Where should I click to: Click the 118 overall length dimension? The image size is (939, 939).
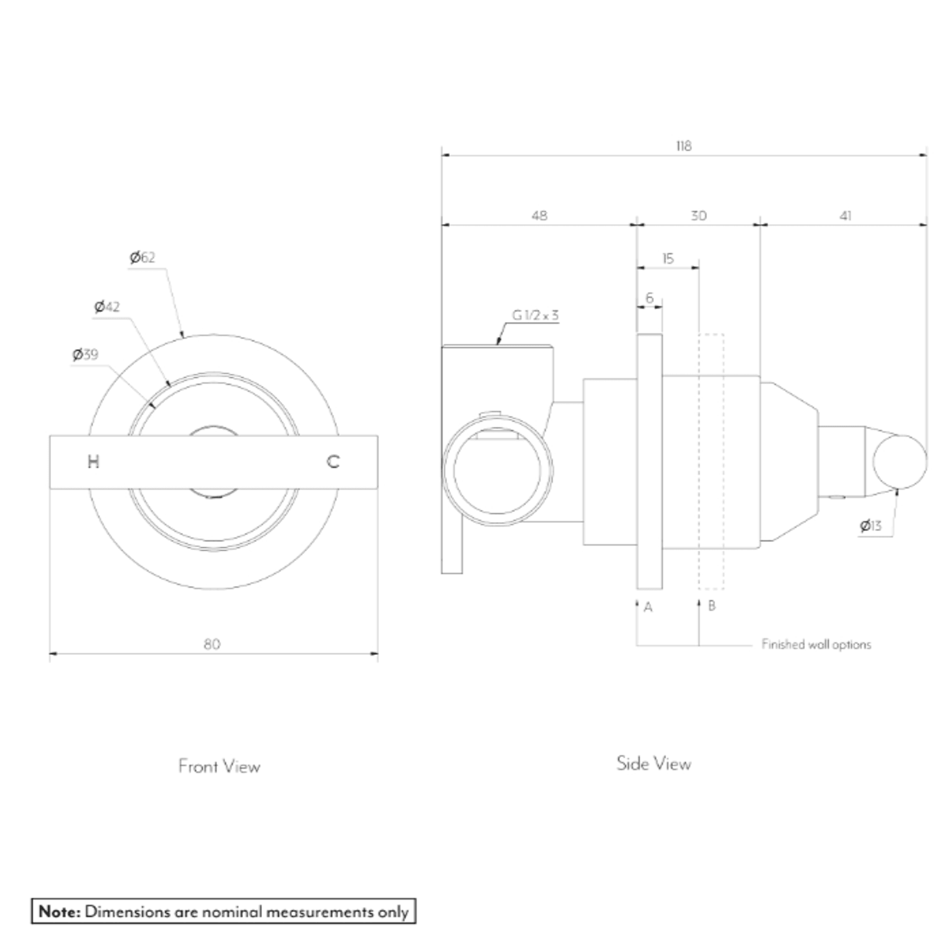(x=684, y=146)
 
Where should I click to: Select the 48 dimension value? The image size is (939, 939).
(x=539, y=216)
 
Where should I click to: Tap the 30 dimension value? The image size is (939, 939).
(x=698, y=216)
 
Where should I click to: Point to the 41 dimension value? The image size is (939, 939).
(x=845, y=216)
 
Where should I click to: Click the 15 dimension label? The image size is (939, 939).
(x=667, y=259)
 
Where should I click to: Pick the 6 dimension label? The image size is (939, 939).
(x=649, y=298)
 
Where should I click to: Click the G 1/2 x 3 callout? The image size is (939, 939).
(x=535, y=315)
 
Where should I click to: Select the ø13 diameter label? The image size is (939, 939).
(x=871, y=526)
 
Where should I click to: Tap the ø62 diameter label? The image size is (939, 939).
(x=142, y=258)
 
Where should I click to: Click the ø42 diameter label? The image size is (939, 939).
(x=107, y=307)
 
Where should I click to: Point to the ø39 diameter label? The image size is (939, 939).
(x=85, y=355)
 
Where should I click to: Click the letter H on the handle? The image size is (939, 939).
(x=94, y=462)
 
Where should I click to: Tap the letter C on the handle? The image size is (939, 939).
(x=333, y=462)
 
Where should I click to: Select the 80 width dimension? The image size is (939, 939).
(x=212, y=644)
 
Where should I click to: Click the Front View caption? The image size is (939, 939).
(x=219, y=766)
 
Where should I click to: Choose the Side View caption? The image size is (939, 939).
(x=653, y=764)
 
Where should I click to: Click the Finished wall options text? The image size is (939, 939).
(x=816, y=644)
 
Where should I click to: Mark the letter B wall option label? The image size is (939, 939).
(x=712, y=606)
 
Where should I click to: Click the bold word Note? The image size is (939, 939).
(x=59, y=912)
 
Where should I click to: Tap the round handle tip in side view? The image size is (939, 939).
(x=900, y=461)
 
